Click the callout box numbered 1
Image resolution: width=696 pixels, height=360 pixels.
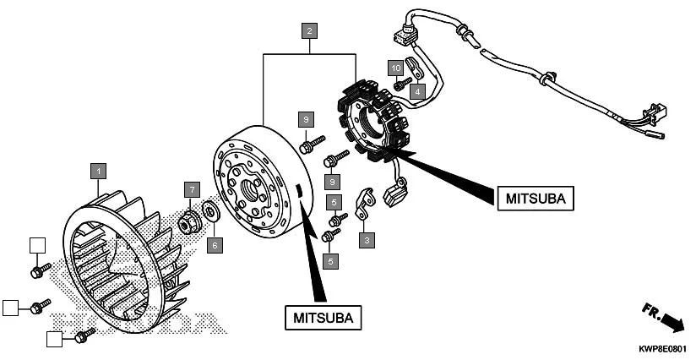pos(99,170)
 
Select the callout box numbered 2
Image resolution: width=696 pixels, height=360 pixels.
pos(310,32)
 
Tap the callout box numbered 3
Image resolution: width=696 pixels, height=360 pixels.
pos(367,241)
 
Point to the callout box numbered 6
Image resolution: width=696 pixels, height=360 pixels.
pos(215,244)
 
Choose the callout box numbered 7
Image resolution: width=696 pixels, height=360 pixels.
pos(193,189)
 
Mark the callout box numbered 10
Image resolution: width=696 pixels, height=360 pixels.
pos(395,66)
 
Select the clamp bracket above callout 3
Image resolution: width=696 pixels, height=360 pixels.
pos(365,205)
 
